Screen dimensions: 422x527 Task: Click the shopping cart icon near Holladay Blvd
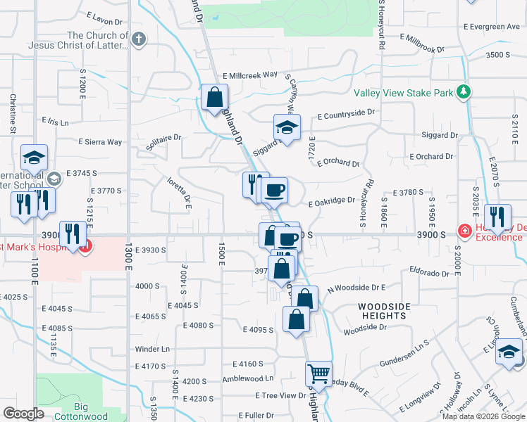coord(319,373)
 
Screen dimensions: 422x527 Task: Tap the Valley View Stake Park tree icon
coord(464,92)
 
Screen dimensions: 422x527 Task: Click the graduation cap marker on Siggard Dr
coord(287,129)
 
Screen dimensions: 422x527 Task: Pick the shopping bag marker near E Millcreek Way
coord(214,97)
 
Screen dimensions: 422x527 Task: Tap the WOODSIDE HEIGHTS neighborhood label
coord(387,312)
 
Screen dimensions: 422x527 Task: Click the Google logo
coord(23,414)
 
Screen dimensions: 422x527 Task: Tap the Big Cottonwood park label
coord(80,411)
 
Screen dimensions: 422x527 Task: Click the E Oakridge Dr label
coord(332,200)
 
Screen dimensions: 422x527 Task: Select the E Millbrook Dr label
coord(422,41)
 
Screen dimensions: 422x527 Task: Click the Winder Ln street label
coord(153,349)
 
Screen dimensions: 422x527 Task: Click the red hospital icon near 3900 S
coord(464,230)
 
